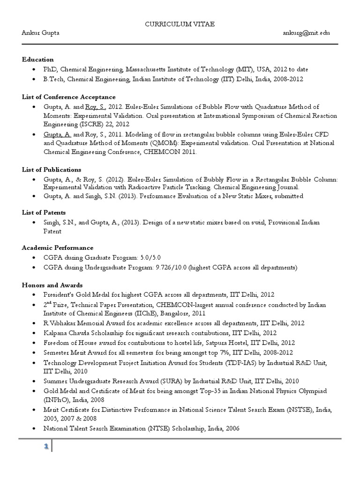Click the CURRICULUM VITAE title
click(180, 24)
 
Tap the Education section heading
click(38, 60)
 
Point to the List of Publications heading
click(52, 169)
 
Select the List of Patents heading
click(44, 212)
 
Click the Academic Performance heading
click(58, 247)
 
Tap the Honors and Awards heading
click(52, 285)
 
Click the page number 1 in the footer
click(46, 447)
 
